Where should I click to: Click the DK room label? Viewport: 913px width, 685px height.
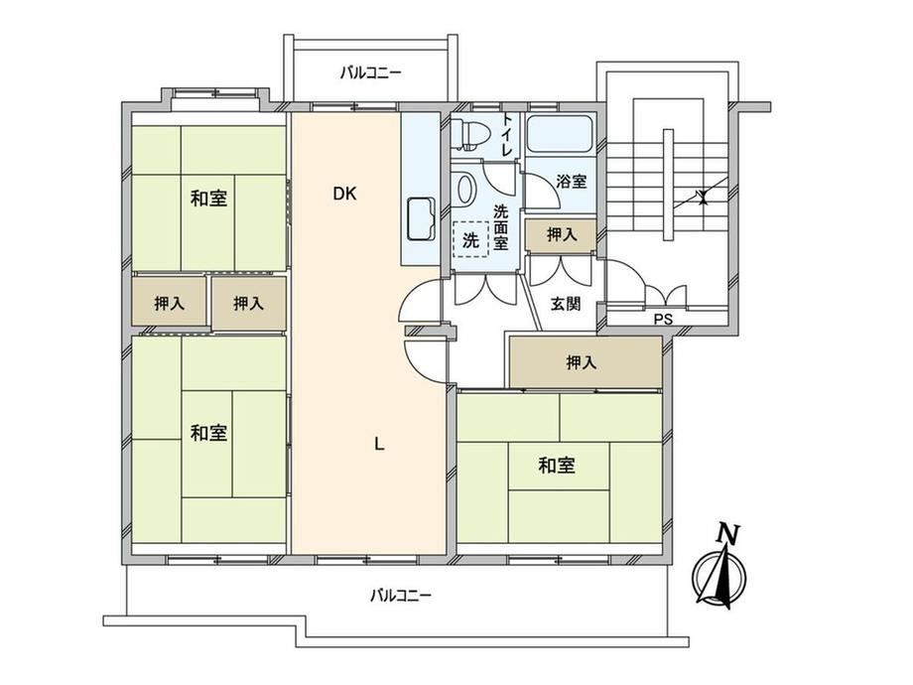point(344,194)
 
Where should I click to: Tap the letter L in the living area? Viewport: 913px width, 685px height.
point(379,445)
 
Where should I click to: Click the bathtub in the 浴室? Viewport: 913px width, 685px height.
point(559,135)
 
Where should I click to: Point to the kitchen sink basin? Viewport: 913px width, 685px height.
point(421,219)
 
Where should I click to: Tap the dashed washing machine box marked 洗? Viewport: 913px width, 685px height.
point(470,239)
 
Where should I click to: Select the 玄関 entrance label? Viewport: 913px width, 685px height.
point(566,304)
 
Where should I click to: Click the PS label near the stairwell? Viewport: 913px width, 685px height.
point(663,320)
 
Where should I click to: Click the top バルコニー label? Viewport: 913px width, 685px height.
point(371,73)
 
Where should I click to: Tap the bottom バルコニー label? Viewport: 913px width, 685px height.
point(401,596)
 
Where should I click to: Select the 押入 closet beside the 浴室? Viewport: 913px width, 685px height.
point(561,234)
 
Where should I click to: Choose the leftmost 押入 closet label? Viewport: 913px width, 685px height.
point(170,303)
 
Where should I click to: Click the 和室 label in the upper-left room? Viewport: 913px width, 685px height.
point(208,199)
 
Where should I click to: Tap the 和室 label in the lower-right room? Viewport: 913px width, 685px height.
point(557,466)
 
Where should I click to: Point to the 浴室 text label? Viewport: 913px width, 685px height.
point(571,181)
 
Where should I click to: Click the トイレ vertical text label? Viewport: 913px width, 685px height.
point(507,134)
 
